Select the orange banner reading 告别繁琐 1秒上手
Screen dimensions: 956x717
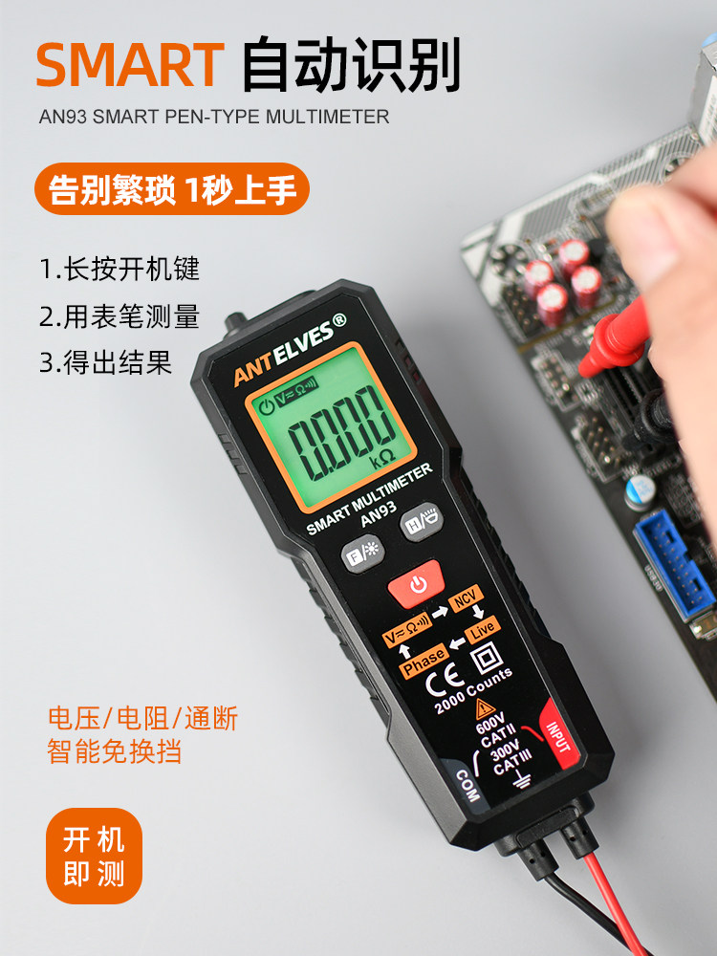tap(173, 190)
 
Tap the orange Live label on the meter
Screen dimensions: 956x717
tap(483, 628)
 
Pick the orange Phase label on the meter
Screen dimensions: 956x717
tap(423, 660)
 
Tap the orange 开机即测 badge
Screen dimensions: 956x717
tap(94, 856)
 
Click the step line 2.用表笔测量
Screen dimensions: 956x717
tap(119, 315)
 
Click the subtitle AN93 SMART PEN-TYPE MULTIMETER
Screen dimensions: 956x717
tap(214, 118)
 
